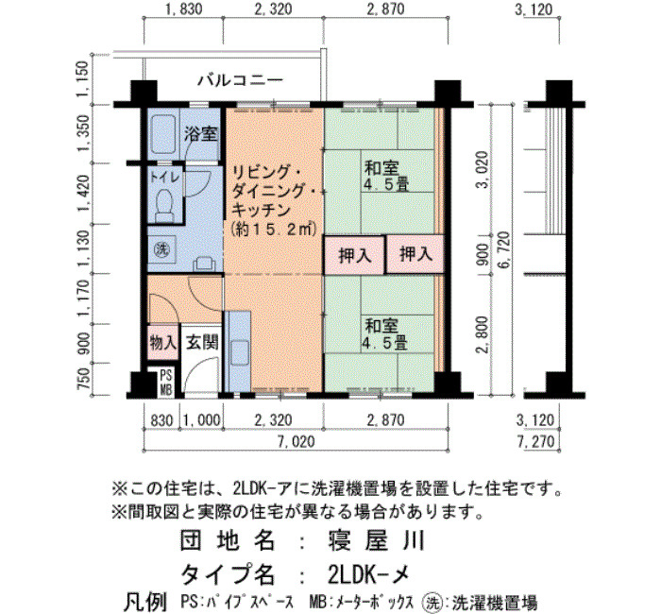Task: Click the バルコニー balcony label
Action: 240,80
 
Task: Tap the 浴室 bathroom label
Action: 200,134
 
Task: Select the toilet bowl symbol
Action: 164,205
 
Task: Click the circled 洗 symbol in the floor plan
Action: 161,249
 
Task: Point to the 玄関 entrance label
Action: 202,342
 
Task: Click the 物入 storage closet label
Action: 162,342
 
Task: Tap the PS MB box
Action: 165,383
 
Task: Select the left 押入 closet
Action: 354,255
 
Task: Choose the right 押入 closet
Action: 415,254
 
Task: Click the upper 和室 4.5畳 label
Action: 385,176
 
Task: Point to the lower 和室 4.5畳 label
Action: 384,334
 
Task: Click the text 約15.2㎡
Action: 275,230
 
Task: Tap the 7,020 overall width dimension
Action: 296,441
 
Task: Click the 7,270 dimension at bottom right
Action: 535,442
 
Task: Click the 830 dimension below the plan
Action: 161,420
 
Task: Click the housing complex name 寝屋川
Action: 376,541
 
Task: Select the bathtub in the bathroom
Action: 162,134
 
